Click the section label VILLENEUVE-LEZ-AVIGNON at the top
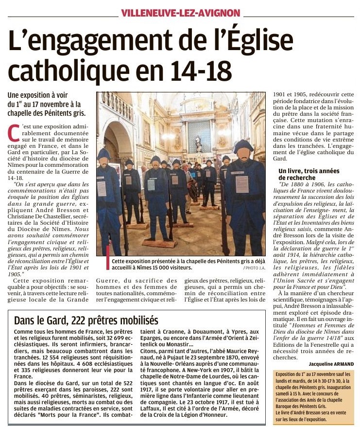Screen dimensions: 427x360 180,13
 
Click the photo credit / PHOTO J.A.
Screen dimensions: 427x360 255,268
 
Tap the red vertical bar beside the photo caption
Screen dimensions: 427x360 108,257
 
